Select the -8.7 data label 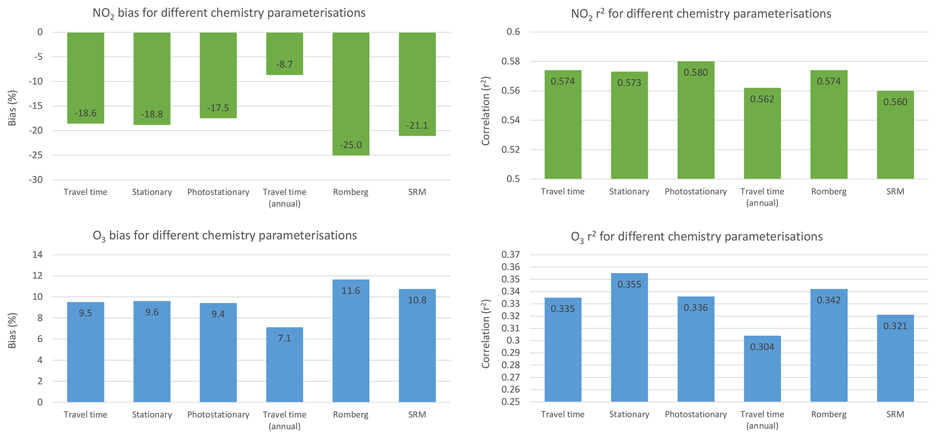(285, 64)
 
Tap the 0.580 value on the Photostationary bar (696, 73)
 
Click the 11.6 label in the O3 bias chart (350, 291)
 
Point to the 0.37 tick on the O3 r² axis (510, 254)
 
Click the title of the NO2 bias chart (229, 13)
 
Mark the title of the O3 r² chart (697, 236)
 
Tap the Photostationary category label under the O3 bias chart (218, 415)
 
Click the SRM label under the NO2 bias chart (417, 192)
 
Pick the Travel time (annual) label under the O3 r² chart (762, 419)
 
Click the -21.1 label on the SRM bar (417, 125)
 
